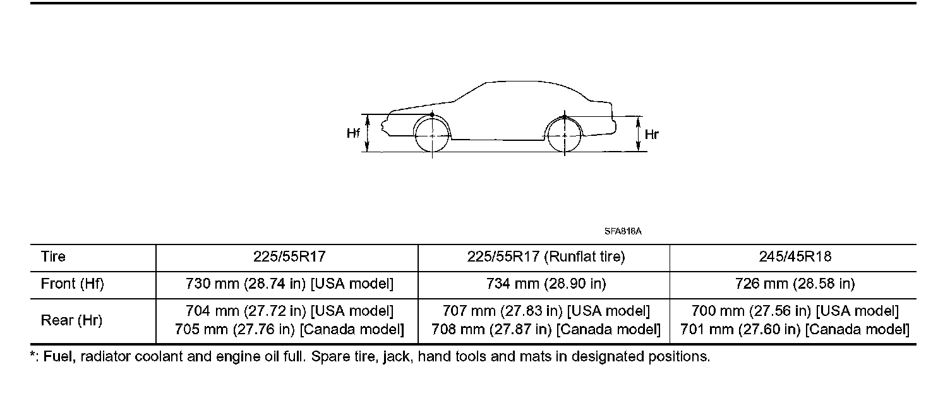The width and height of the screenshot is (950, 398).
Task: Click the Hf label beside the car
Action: click(353, 134)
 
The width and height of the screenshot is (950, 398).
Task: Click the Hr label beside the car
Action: click(651, 135)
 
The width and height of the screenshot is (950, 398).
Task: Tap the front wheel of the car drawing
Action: click(432, 135)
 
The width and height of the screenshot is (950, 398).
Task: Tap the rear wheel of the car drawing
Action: click(565, 135)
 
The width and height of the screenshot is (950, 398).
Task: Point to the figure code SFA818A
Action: click(623, 231)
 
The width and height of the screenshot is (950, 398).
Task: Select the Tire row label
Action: click(53, 256)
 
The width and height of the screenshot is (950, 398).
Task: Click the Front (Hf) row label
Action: click(72, 284)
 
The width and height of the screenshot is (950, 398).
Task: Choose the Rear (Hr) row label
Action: click(71, 320)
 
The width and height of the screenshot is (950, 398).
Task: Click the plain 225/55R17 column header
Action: click(289, 256)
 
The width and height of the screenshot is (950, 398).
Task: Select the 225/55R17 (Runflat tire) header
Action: click(546, 256)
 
